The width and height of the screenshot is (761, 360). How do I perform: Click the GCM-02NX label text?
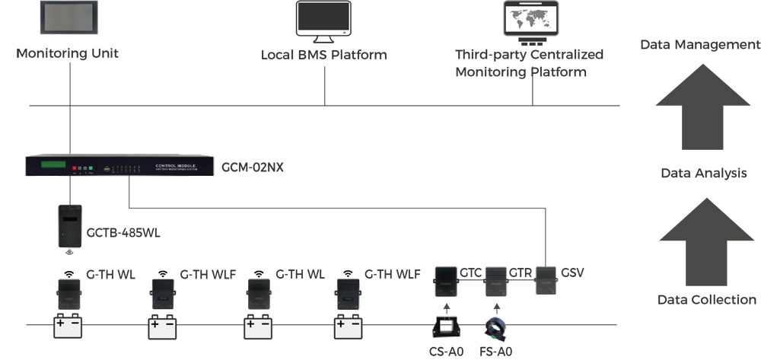pyautogui.click(x=253, y=167)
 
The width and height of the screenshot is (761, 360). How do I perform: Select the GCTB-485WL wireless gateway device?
pyautogui.click(x=71, y=225)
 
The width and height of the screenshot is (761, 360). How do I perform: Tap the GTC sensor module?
pyautogui.click(x=446, y=282)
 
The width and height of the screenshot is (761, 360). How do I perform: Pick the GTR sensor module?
pyautogui.click(x=496, y=282)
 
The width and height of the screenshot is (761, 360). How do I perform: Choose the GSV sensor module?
pyautogui.click(x=546, y=281)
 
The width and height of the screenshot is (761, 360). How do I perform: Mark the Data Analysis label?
pyautogui.click(x=703, y=174)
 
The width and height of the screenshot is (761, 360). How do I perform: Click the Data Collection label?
pyautogui.click(x=706, y=300)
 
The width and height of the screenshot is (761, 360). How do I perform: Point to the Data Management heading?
pyautogui.click(x=699, y=45)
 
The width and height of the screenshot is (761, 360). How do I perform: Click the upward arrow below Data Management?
pyautogui.click(x=704, y=109)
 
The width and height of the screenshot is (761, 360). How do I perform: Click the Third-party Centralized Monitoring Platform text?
pyautogui.click(x=529, y=63)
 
